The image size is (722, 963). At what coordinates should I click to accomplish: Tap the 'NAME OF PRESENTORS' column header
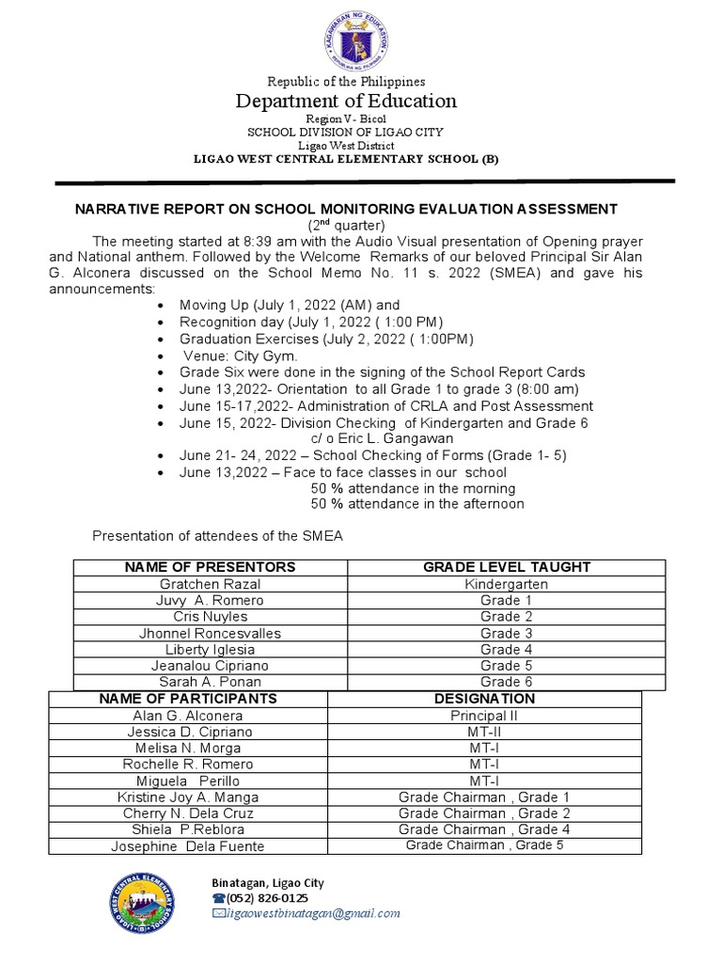click(x=212, y=567)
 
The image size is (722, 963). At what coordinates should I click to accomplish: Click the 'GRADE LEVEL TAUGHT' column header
click(x=507, y=567)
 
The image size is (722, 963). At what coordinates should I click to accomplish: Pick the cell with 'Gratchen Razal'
click(x=212, y=584)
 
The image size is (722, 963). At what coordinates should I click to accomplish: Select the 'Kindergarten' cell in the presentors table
click(x=507, y=584)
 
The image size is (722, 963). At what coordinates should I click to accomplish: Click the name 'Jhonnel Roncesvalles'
click(x=212, y=634)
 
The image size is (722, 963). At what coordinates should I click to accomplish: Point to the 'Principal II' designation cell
click(x=484, y=716)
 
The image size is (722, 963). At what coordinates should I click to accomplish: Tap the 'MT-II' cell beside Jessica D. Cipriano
click(x=484, y=732)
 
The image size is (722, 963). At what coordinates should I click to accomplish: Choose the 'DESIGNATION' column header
click(x=484, y=699)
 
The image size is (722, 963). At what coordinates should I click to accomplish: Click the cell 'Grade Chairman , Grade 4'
click(x=484, y=829)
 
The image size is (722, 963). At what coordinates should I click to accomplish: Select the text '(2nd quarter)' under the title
click(x=347, y=226)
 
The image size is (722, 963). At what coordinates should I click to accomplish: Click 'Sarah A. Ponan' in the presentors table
click(x=212, y=682)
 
